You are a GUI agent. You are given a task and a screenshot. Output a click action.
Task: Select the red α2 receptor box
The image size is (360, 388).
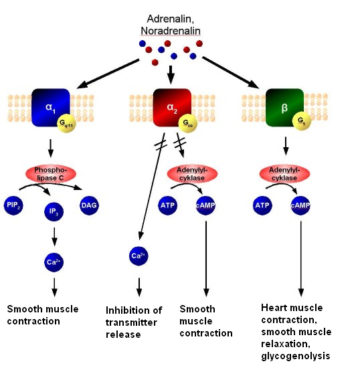point(171,105)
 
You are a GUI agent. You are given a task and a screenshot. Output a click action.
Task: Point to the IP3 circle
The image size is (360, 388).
point(55,213)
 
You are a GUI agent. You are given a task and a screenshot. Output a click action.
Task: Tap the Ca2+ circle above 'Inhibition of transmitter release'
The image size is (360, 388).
point(139,255)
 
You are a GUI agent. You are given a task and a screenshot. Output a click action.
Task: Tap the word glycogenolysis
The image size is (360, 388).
point(296,356)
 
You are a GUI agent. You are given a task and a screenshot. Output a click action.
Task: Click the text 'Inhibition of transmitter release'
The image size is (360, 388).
point(134,322)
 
